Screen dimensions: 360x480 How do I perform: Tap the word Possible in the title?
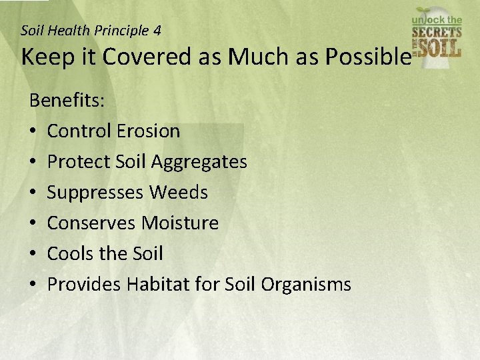pyautogui.click(x=367, y=57)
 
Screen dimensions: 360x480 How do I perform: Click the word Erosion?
pyautogui.click(x=148, y=131)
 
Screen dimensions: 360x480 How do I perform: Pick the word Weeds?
pyautogui.click(x=178, y=193)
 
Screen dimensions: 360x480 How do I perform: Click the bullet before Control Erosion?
pyautogui.click(x=33, y=131)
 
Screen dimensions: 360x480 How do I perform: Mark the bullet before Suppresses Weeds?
pyautogui.click(x=33, y=193)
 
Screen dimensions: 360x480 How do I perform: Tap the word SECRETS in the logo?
pyautogui.click(x=437, y=31)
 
